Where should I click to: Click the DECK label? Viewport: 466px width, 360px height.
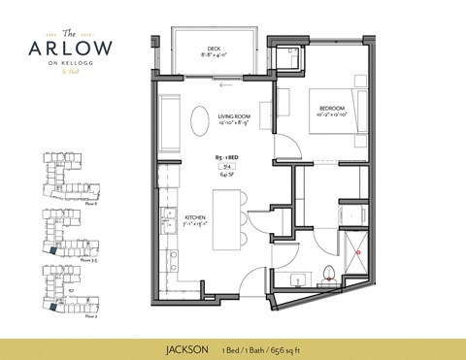coord(215,49)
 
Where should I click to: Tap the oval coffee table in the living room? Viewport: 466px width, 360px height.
coord(198,122)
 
